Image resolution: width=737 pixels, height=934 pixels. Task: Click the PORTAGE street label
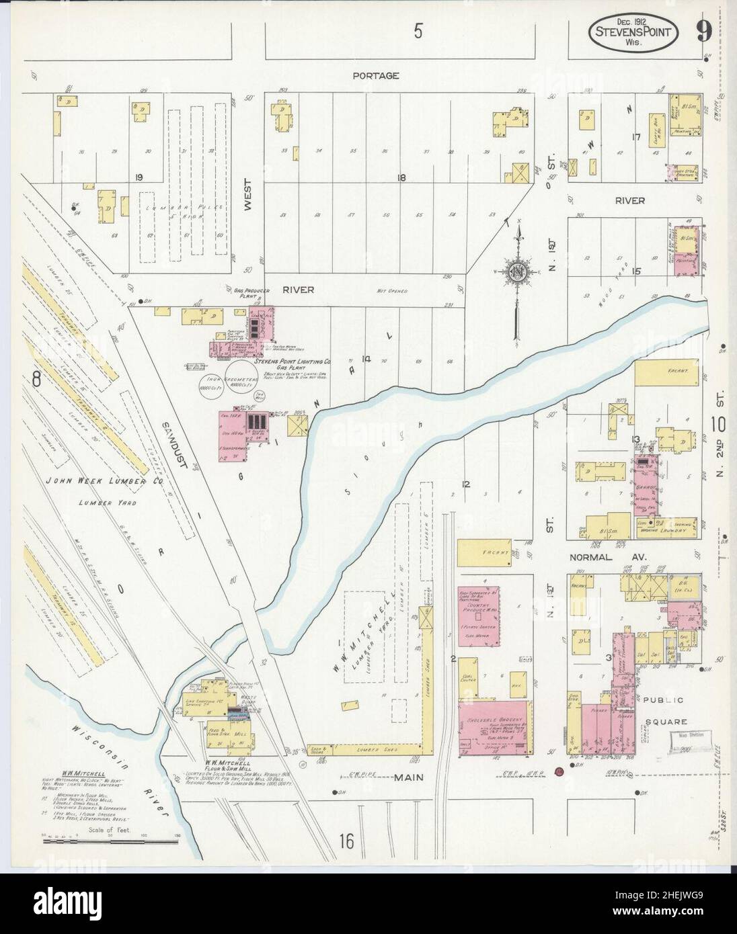coord(376,76)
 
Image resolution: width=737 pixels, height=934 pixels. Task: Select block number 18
coord(401,178)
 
